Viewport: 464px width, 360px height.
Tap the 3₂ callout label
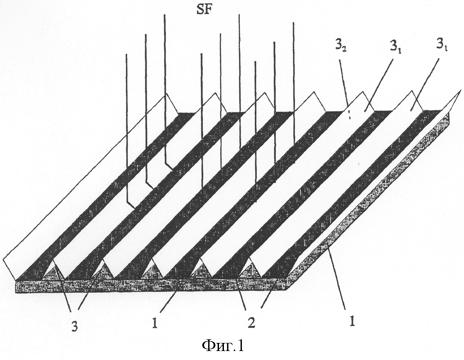click(x=340, y=47)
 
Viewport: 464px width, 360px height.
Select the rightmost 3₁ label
click(x=441, y=47)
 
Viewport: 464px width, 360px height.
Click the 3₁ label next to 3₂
click(x=395, y=47)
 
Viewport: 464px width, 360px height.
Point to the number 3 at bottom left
click(x=75, y=327)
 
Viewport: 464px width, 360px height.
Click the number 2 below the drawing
click(x=251, y=323)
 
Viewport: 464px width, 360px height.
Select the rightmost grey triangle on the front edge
click(x=250, y=269)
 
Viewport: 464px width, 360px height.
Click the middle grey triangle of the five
click(x=152, y=270)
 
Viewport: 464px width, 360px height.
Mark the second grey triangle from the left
click(x=103, y=270)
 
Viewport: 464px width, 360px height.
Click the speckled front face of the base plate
click(x=151, y=285)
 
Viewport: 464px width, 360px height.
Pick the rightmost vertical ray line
click(x=294, y=93)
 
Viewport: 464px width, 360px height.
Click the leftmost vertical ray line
click(x=127, y=129)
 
